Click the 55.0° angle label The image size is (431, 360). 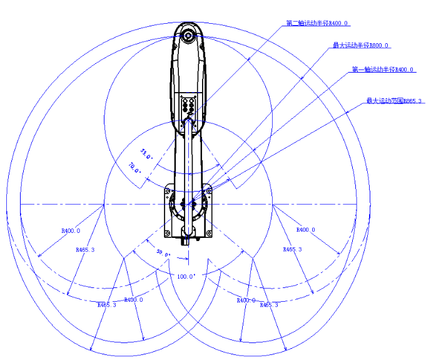(x=146, y=153)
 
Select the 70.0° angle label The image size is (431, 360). (x=135, y=168)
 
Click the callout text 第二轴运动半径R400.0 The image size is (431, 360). (x=317, y=23)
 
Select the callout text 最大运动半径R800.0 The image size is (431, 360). (x=361, y=45)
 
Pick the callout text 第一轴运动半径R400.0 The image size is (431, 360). (x=383, y=69)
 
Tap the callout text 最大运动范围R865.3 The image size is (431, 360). (x=394, y=100)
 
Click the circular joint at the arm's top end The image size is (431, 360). (x=187, y=36)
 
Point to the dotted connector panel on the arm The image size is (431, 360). (x=187, y=106)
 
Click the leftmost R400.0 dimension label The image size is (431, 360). (x=71, y=230)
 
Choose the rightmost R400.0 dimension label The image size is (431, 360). (x=305, y=230)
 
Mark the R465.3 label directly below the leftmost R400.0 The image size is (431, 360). (x=85, y=250)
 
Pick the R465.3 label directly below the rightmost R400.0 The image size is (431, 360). (x=292, y=249)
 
